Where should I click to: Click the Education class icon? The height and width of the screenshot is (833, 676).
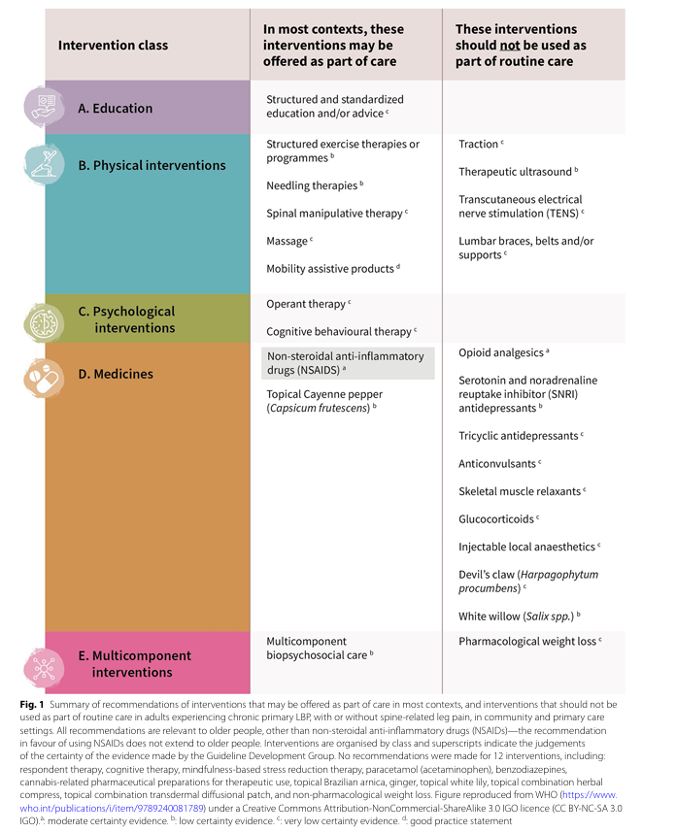[44, 107]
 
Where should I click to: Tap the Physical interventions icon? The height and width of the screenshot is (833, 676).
[44, 164]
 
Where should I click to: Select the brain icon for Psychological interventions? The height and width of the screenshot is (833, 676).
[44, 320]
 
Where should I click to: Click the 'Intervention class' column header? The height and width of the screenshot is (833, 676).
[113, 45]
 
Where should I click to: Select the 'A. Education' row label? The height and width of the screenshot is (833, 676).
[115, 109]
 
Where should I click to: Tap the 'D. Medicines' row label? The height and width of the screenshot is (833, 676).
[115, 374]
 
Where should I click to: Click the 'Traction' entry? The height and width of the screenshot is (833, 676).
[479, 145]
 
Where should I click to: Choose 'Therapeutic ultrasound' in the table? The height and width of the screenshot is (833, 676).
[515, 172]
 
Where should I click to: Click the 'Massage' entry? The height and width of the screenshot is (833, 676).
[287, 241]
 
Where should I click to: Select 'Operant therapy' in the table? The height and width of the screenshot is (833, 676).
[306, 304]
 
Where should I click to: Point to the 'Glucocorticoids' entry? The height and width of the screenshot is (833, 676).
[496, 519]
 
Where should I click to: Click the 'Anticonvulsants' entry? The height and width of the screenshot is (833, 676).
[497, 464]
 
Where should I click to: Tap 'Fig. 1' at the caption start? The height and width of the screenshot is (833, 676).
[32, 702]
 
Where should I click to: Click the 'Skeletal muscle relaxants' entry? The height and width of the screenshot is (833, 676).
[520, 491]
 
